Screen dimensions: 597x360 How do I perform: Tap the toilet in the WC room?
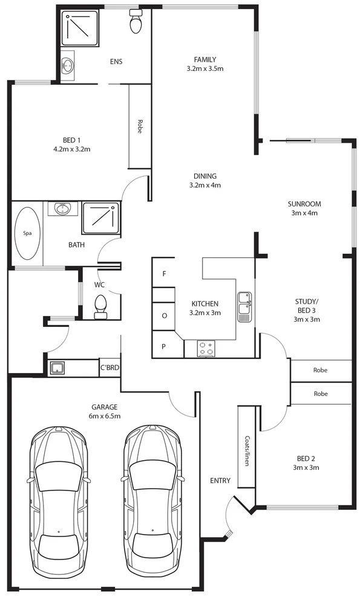(100, 306)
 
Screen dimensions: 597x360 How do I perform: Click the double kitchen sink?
(244, 305)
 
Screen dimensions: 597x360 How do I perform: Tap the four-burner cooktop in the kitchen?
(206, 348)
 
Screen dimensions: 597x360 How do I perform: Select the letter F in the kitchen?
(163, 274)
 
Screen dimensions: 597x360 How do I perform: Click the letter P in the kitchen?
(163, 346)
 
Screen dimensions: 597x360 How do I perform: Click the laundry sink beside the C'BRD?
(58, 368)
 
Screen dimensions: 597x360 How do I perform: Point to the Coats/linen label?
(247, 447)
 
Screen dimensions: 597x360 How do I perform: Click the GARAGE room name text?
(105, 407)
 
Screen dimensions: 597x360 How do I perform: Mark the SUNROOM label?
(304, 204)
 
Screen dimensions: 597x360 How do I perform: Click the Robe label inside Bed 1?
(140, 127)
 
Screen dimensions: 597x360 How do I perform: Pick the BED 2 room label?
(306, 458)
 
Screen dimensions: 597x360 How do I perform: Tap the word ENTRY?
(220, 481)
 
